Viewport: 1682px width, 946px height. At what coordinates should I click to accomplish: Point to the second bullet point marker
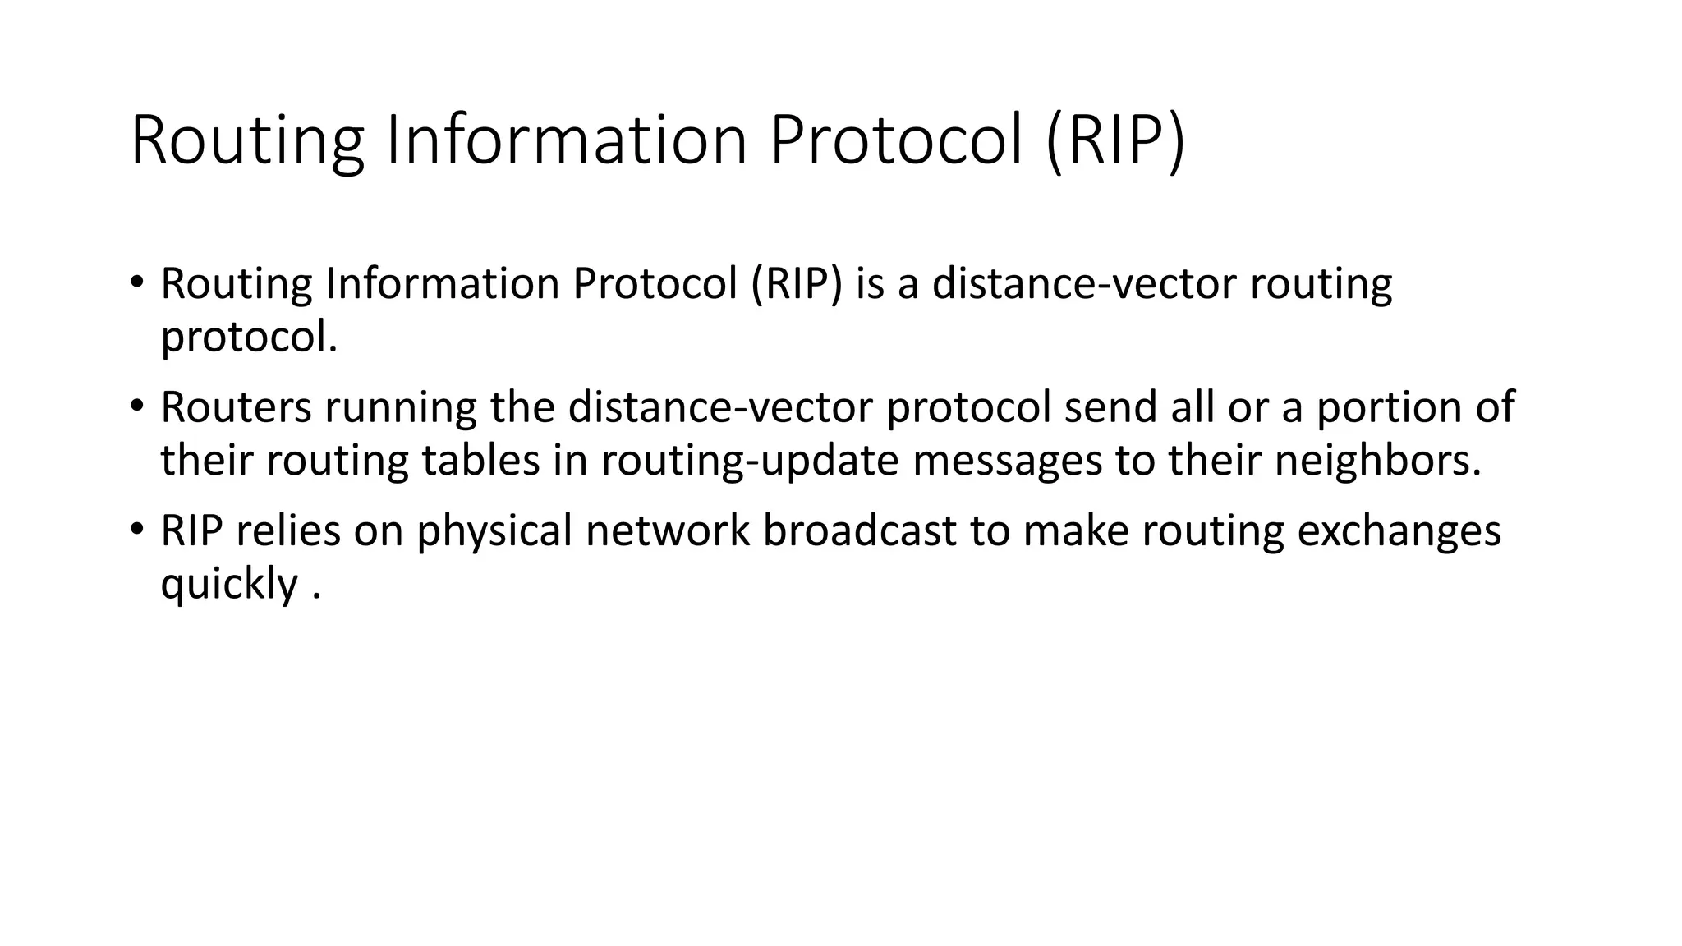(136, 406)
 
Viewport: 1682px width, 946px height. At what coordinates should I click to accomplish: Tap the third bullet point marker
(136, 530)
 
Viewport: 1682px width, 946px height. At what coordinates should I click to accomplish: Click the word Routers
(236, 407)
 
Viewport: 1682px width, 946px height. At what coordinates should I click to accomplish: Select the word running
(400, 409)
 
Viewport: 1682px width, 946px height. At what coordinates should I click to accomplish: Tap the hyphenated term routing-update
(750, 462)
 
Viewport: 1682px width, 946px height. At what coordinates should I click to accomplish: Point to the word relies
(287, 530)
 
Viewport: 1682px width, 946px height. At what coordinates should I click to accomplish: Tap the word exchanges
(1399, 532)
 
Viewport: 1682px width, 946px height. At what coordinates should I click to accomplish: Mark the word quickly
(229, 585)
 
